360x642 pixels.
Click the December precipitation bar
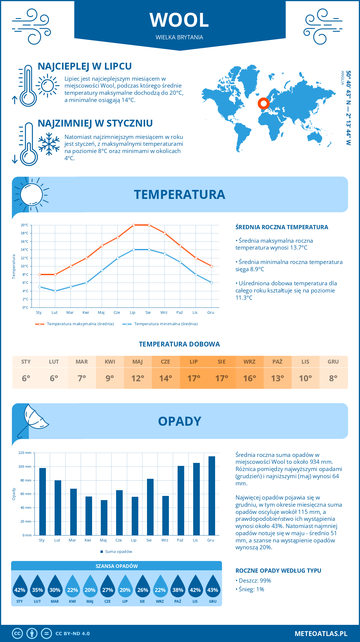coord(212,496)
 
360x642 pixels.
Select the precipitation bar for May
coord(104,517)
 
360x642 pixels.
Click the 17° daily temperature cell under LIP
coord(193,378)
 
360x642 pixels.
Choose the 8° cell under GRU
coord(333,378)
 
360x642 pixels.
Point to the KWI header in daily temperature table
coord(110,362)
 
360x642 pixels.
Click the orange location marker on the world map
coord(264,104)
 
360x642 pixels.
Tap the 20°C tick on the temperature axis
coord(25,225)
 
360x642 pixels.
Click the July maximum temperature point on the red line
coord(133,225)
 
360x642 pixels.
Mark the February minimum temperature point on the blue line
coord(55,291)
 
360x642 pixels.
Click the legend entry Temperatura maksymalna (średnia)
coord(75,324)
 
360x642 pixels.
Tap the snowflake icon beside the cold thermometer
coord(49,144)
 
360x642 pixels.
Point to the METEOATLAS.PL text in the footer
coord(321,634)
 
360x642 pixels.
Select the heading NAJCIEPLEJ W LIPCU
coord(85,66)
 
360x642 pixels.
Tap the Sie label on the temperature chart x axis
coord(148,313)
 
